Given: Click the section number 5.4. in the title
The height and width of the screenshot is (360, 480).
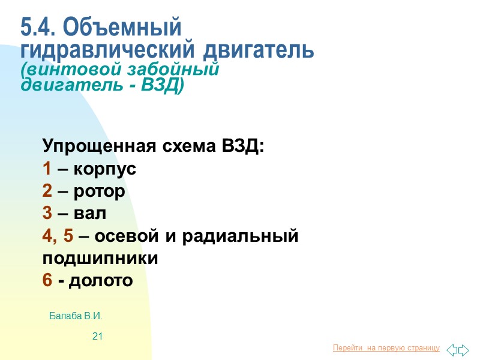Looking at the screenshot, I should coord(38,28).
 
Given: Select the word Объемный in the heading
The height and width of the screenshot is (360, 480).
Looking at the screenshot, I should coord(121,28).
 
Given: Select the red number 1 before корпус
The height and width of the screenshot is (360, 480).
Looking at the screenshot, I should coord(47,169).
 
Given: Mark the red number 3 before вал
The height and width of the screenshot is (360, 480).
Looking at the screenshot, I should coord(47,214).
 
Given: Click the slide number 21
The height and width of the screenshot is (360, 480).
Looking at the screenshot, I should coord(97,337).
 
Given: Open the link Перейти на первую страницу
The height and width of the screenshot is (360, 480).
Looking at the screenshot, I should coord(386,349).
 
